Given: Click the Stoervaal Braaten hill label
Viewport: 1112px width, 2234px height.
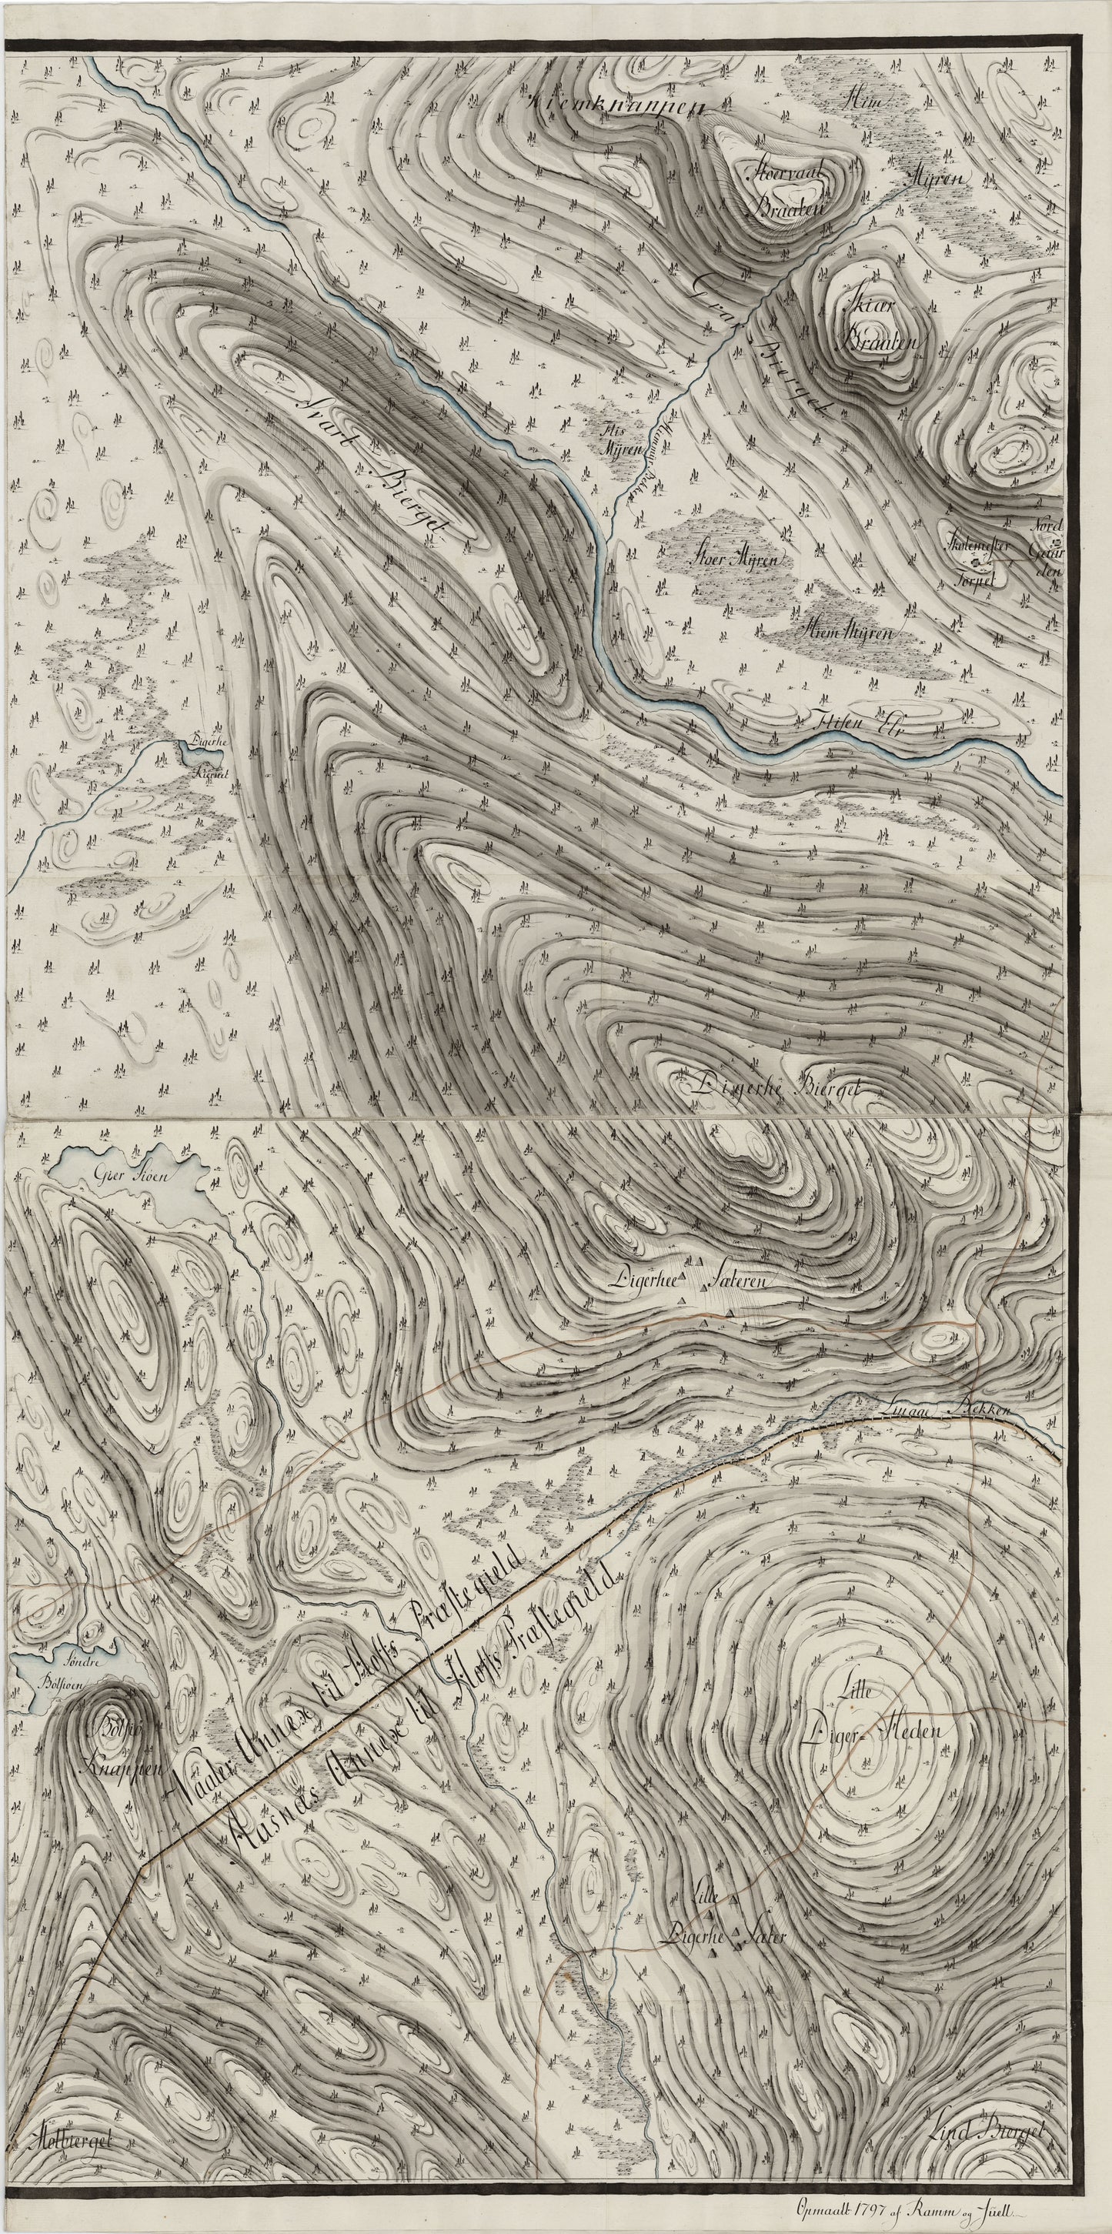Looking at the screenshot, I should point(786,190).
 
